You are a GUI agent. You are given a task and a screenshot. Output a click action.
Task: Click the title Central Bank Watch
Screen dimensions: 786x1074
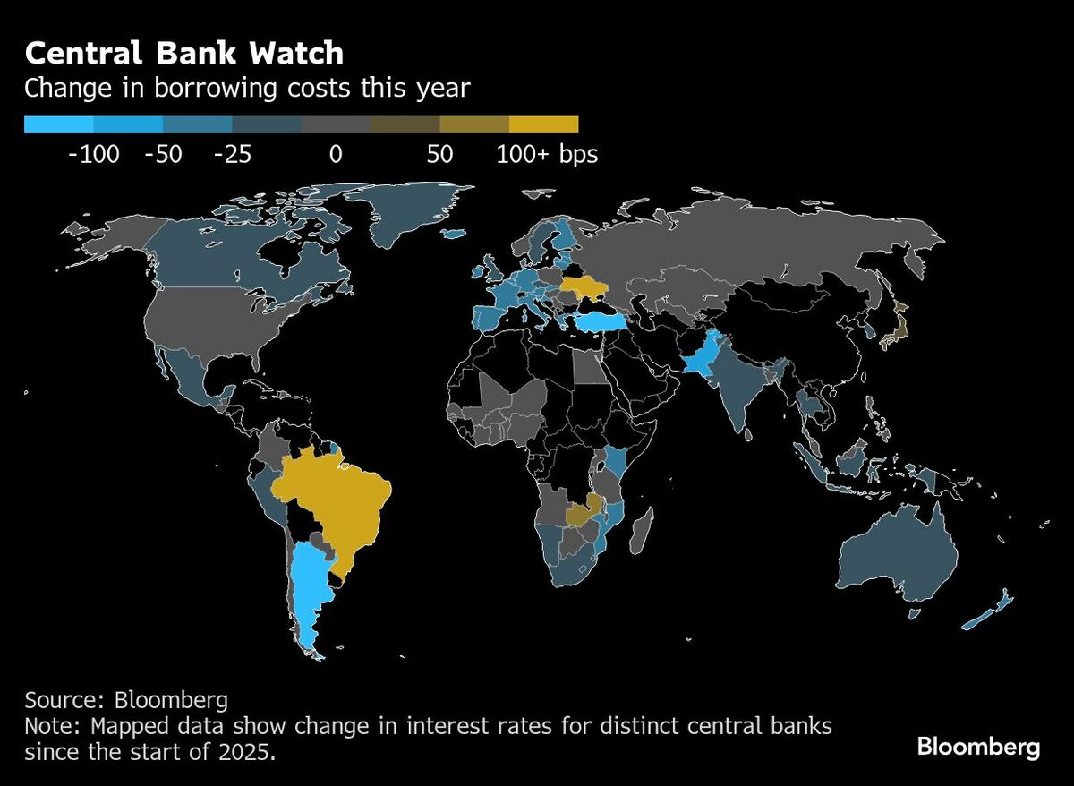coord(183,54)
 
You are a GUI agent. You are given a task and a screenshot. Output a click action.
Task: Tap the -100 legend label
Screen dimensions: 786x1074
coord(94,155)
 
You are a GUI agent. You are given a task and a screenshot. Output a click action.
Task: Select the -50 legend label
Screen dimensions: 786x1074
coord(163,155)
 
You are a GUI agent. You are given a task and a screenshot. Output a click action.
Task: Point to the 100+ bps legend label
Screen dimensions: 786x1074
coord(547,155)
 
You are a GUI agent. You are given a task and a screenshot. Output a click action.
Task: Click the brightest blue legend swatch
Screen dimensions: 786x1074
coord(58,124)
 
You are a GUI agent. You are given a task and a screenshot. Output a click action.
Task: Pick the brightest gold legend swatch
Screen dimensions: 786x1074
coord(543,124)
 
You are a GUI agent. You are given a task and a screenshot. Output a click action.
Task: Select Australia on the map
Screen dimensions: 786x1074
coord(895,555)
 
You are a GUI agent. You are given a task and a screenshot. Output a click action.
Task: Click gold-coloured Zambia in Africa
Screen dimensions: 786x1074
coord(583,513)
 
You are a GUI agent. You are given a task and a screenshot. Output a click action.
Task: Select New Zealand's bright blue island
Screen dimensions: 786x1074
coord(984,613)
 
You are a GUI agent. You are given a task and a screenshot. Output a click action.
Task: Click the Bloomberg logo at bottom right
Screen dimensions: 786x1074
coord(978,747)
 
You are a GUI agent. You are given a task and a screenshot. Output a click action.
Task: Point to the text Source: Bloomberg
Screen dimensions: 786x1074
coord(126,699)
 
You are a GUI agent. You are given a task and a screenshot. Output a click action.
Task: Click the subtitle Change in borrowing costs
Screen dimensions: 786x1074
coord(246,89)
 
